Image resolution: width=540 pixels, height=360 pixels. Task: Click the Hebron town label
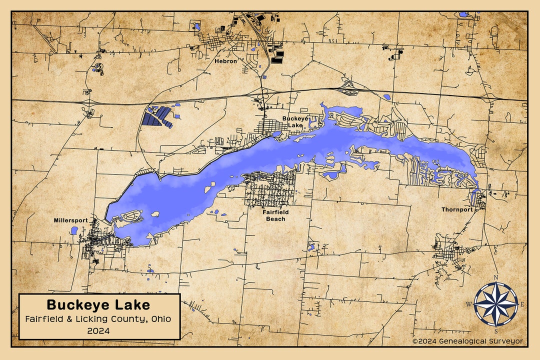(x=226, y=61)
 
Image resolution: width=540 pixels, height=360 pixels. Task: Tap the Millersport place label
(x=71, y=220)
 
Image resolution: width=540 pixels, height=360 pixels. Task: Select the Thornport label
(x=457, y=209)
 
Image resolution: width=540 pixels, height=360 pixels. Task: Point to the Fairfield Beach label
(x=275, y=215)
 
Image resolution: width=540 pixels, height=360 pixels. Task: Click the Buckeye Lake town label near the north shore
(x=295, y=121)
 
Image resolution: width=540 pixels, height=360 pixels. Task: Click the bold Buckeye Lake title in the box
(x=98, y=304)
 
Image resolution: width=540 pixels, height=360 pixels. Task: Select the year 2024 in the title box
(x=98, y=330)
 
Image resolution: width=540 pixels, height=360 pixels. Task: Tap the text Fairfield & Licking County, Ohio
(x=98, y=319)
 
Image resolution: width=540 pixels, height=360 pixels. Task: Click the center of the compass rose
(x=495, y=304)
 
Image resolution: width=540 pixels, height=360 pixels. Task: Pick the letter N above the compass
(x=495, y=278)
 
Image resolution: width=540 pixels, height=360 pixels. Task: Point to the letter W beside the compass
(x=469, y=304)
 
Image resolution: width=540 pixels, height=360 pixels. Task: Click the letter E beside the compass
(x=522, y=304)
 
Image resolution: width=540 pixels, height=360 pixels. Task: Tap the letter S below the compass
(x=495, y=330)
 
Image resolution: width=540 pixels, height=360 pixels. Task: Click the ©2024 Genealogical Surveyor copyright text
(x=467, y=341)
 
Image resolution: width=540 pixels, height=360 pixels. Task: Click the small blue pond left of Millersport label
(x=74, y=230)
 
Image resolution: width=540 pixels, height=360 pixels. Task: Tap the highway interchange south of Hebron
(x=264, y=94)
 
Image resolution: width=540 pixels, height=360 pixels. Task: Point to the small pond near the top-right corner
(x=463, y=14)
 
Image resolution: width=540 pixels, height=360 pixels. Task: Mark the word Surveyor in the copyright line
(x=505, y=341)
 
